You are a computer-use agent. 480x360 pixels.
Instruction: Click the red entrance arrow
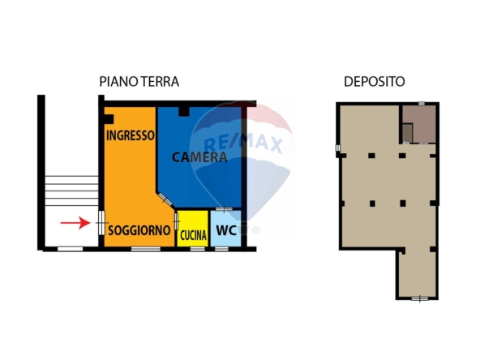tap(75, 222)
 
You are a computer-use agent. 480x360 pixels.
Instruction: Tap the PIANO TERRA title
tap(139, 82)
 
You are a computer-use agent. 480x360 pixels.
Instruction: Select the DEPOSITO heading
tap(375, 82)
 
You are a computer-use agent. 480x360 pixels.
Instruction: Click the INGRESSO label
tap(131, 135)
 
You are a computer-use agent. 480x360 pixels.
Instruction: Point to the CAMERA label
tap(199, 157)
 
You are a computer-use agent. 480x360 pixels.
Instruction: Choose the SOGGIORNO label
tap(139, 230)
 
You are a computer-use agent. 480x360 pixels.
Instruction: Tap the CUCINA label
tap(193, 235)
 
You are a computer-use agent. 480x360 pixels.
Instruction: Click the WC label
tap(226, 230)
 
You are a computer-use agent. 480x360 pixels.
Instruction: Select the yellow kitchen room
tap(193, 229)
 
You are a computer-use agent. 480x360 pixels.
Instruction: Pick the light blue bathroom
tap(226, 229)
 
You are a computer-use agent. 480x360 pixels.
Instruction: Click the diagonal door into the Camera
tap(165, 199)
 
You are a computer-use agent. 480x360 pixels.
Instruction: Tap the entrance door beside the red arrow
tap(101, 222)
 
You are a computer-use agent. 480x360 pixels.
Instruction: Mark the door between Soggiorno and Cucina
tap(176, 221)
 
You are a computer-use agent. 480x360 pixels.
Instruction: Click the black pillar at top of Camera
tap(184, 111)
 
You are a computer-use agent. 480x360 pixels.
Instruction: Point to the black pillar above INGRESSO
tap(109, 119)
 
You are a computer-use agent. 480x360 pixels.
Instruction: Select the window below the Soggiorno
tap(146, 249)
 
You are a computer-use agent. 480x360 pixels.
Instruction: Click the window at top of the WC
tap(224, 209)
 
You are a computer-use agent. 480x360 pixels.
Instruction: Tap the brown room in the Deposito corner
tap(419, 124)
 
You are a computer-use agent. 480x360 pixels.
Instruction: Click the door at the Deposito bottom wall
tap(420, 298)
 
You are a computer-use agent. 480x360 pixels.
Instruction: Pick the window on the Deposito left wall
tap(338, 148)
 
